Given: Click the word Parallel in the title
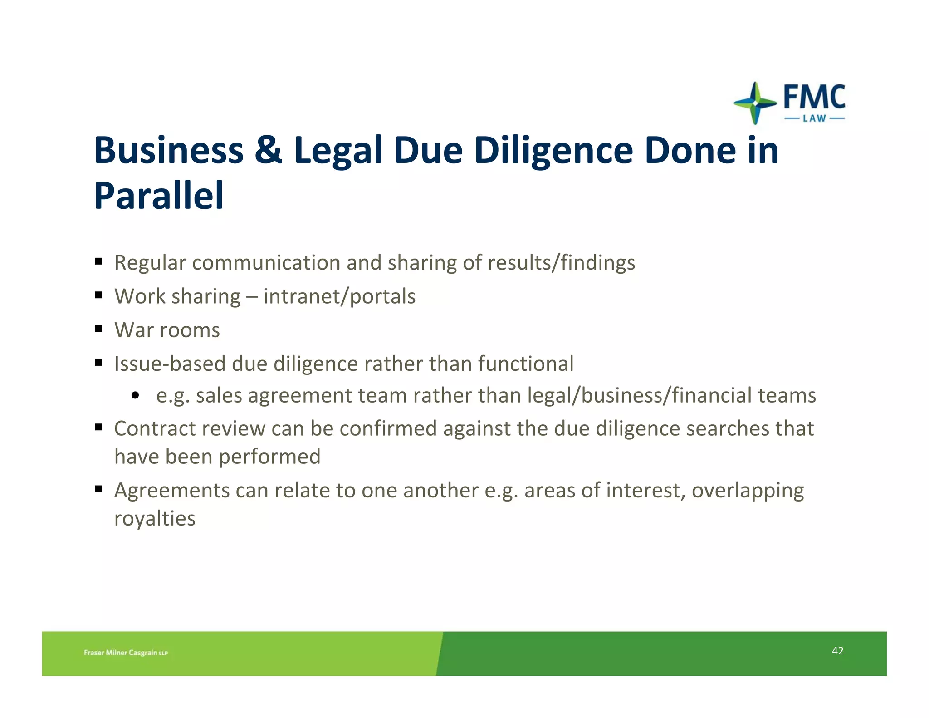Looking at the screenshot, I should [x=159, y=196].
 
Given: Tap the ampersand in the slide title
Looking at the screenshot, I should [x=268, y=150].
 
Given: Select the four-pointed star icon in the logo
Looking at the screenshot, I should [x=755, y=103].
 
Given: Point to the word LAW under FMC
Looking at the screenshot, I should [x=814, y=118].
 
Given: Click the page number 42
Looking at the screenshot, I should [x=837, y=651].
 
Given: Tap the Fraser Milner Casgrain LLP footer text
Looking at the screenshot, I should [x=126, y=653].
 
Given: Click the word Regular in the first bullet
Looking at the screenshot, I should [x=150, y=263].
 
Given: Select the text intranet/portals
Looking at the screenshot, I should [x=339, y=296].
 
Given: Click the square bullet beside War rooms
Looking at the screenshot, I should [x=98, y=329].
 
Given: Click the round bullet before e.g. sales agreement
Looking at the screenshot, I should [x=135, y=396].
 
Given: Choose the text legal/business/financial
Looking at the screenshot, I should [x=640, y=395].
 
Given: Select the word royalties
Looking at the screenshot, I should [x=155, y=518].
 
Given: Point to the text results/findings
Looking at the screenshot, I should [x=561, y=263].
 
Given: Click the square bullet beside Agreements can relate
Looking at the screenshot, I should [x=98, y=489].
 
